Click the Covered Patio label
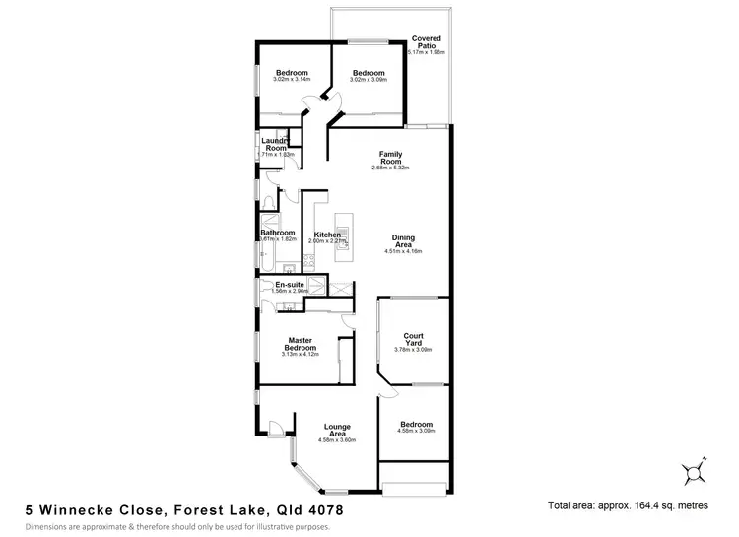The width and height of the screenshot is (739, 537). (x=428, y=40)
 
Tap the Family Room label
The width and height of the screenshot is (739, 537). (x=393, y=158)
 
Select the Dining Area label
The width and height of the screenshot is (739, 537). (x=403, y=240)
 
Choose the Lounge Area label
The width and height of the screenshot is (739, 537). (x=337, y=431)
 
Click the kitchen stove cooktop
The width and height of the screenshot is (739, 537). (x=308, y=261)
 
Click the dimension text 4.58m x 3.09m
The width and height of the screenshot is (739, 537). (x=416, y=431)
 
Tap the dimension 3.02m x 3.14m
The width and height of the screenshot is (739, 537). (x=292, y=79)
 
